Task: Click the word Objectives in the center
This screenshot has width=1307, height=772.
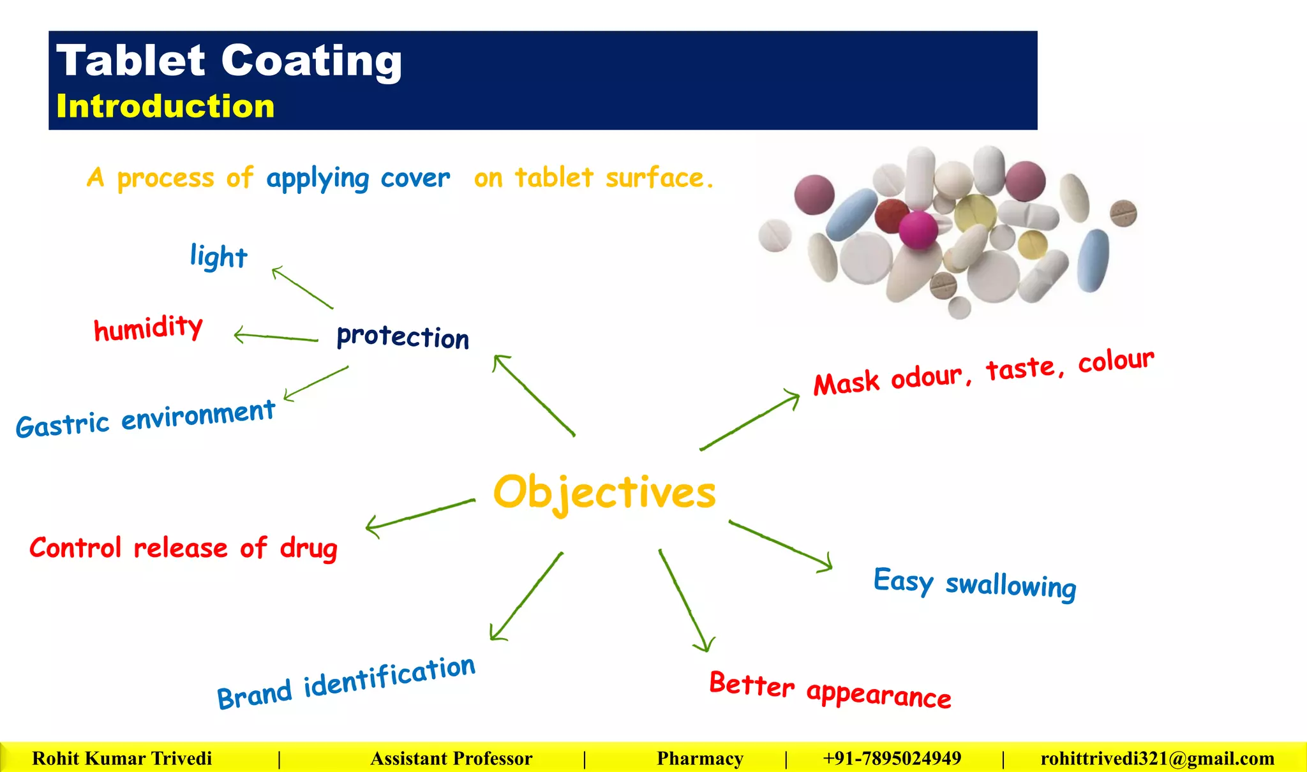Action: (604, 493)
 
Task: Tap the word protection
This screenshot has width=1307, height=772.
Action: (403, 336)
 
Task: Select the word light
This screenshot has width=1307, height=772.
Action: (218, 256)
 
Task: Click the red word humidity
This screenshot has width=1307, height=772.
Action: (148, 328)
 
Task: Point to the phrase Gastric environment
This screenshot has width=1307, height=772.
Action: (146, 419)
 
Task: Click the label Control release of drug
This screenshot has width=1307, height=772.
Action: (183, 549)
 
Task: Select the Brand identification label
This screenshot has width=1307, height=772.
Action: (346, 683)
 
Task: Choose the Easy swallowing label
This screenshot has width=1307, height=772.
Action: (975, 584)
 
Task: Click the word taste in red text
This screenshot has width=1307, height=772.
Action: (1021, 369)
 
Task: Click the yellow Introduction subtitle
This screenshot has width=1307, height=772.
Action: (165, 106)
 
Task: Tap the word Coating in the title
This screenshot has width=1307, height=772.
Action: (311, 61)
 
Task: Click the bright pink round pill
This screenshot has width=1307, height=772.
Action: (918, 229)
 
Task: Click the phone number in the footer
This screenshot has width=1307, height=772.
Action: (892, 758)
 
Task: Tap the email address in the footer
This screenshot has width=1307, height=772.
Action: (1157, 758)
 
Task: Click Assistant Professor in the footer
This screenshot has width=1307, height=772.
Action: (451, 758)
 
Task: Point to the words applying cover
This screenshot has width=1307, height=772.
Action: (358, 179)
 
